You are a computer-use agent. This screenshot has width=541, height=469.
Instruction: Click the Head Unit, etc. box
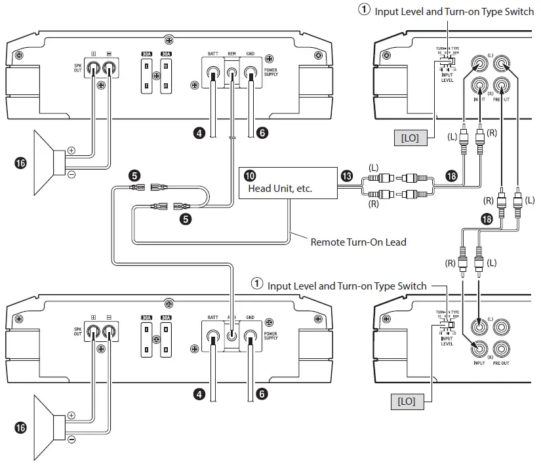[x=286, y=182]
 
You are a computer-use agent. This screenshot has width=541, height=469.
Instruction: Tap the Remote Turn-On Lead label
[x=358, y=242]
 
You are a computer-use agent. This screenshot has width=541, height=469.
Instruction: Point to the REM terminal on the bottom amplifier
[x=231, y=336]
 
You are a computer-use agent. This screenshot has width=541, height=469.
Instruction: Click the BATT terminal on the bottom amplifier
[x=212, y=336]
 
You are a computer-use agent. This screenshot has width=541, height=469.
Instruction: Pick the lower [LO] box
[x=407, y=401]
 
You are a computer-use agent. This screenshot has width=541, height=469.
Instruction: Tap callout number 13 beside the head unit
[x=346, y=176]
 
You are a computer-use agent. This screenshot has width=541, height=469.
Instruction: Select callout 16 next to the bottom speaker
[x=20, y=427]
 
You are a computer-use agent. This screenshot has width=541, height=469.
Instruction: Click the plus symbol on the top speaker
[x=71, y=151]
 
